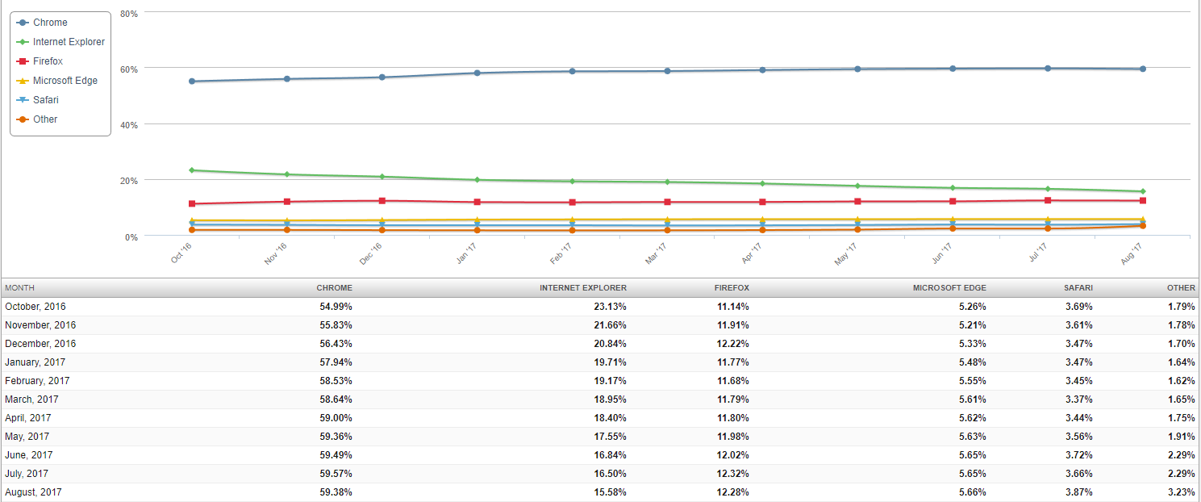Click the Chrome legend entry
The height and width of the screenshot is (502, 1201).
50,23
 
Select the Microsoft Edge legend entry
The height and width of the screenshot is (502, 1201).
65,81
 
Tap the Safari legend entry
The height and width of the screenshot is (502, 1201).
45,100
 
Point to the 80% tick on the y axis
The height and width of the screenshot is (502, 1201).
128,14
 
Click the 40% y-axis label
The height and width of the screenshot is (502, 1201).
128,125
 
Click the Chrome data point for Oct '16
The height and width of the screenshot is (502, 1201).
192,82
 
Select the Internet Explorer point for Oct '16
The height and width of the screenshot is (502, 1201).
192,170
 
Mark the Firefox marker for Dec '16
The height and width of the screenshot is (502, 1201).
382,201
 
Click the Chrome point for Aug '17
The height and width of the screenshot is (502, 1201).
1143,69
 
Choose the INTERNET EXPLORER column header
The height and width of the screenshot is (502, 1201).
582,288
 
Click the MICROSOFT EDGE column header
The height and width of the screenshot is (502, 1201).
949,288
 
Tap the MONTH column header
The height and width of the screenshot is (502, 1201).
19,288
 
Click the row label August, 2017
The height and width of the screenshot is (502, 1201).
33,492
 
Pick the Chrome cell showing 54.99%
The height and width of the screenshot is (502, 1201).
336,307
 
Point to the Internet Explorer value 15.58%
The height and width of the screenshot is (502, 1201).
610,492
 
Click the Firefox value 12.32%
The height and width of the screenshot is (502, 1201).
732,474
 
